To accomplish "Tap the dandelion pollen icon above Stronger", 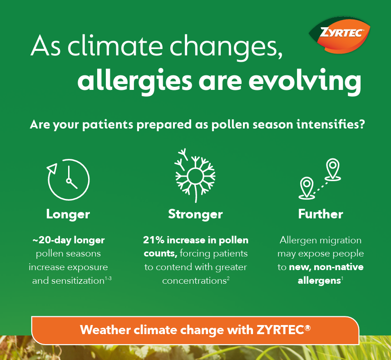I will click(x=195, y=175).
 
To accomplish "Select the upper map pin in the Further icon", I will click(x=333, y=168).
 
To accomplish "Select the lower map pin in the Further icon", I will click(x=307, y=187).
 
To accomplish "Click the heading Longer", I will click(x=68, y=214).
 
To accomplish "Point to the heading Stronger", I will click(x=195, y=214).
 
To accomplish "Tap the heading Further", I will click(x=321, y=214).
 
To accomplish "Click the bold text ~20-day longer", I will click(x=68, y=240).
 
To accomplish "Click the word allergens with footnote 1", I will click(x=319, y=281).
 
